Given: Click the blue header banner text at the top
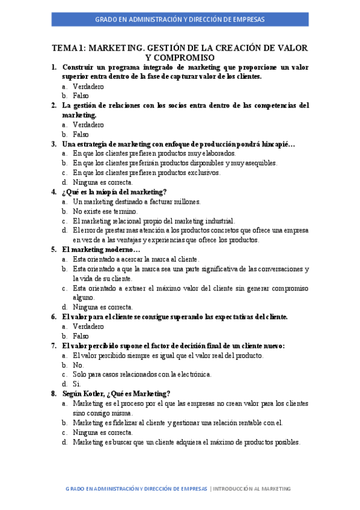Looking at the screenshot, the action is click(x=180, y=20).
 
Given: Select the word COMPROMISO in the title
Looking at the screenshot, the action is click(x=180, y=57).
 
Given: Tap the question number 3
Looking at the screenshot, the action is click(x=53, y=144).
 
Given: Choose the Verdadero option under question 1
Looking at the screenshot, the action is click(x=88, y=86).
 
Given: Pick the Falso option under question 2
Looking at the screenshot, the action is click(x=81, y=134).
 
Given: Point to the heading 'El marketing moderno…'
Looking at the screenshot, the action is click(x=101, y=249).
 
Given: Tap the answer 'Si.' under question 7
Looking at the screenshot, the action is click(x=77, y=384).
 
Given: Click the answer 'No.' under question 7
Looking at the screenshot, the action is click(x=78, y=364).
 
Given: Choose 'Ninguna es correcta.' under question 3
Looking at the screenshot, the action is click(x=103, y=182).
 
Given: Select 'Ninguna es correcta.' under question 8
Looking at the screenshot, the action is click(x=103, y=432).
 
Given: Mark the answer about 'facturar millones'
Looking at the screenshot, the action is click(x=136, y=201).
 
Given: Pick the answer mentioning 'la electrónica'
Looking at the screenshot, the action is click(x=142, y=374).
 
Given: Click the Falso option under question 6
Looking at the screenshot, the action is click(x=81, y=336).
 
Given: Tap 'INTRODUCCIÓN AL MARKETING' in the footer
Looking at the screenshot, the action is click(x=252, y=489).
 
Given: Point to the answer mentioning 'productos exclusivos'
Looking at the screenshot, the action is click(x=146, y=173).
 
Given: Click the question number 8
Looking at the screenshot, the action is click(x=53, y=393).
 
